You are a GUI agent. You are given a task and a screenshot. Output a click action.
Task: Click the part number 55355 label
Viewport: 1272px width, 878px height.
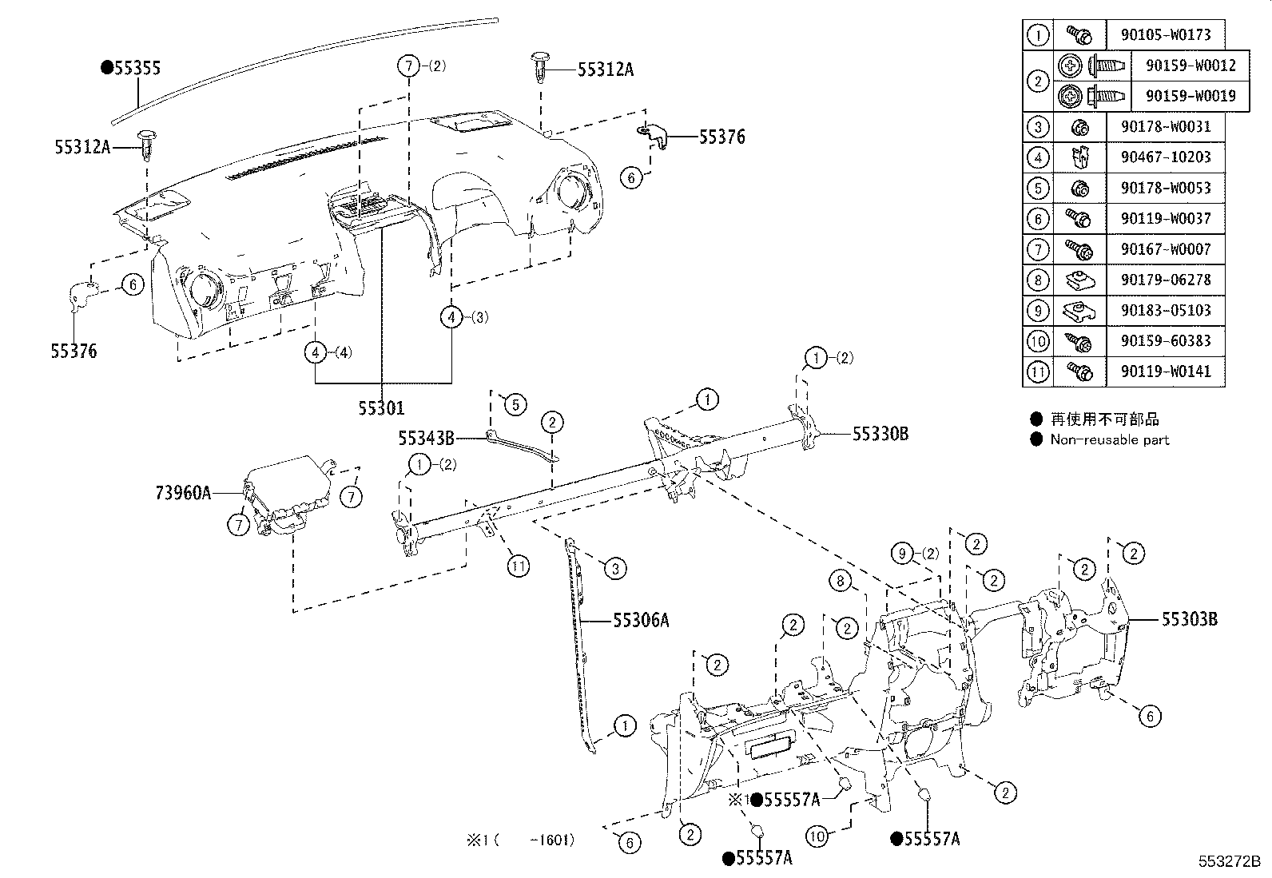[x=136, y=69]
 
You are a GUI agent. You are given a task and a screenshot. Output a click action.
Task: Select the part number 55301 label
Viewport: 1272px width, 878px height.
[x=381, y=408]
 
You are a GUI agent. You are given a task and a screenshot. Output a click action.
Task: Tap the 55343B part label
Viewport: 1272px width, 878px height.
[x=426, y=437]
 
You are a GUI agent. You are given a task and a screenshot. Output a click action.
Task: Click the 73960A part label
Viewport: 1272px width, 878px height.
[x=183, y=493]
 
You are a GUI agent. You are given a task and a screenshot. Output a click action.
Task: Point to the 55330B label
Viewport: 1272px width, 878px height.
[x=880, y=435]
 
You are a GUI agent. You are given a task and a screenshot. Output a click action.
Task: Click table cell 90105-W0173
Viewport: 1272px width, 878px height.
[x=1165, y=34]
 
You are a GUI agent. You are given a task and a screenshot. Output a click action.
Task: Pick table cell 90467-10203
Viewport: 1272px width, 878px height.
[x=1165, y=157]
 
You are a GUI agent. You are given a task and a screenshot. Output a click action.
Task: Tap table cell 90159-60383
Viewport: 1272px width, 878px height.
[x=1165, y=340]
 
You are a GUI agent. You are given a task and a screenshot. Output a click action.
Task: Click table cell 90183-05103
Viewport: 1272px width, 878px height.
[x=1165, y=310]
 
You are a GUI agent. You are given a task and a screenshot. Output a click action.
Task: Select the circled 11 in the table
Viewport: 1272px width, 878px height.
[x=1038, y=371]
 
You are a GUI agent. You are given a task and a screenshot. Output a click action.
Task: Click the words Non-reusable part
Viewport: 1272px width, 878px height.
[x=1109, y=439]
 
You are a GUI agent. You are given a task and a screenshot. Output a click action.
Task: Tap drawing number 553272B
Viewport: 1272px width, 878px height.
[x=1228, y=862]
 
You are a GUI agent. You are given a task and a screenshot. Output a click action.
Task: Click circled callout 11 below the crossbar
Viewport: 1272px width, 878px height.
[x=519, y=567]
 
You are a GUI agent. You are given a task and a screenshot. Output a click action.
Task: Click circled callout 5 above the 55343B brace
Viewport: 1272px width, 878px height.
[x=515, y=405]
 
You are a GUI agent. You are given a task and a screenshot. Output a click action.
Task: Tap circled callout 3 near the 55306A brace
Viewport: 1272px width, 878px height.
[x=614, y=569]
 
